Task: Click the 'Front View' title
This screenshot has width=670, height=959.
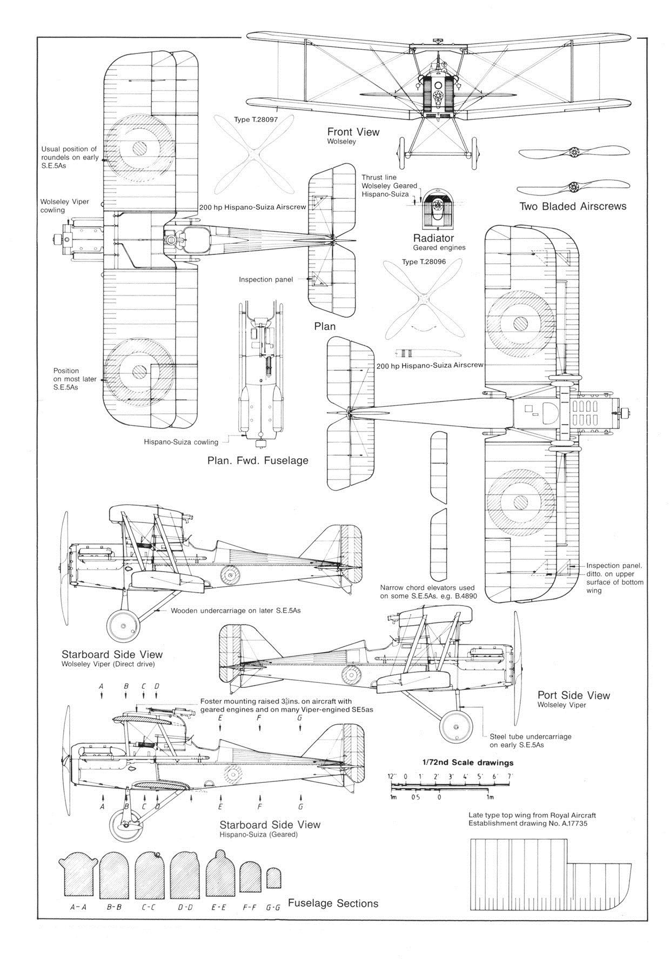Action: click(353, 132)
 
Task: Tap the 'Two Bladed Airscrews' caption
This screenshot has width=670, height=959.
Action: click(573, 206)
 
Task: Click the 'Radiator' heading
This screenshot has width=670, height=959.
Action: click(433, 238)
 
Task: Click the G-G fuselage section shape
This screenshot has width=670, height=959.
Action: click(273, 879)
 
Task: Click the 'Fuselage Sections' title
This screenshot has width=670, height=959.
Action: click(333, 903)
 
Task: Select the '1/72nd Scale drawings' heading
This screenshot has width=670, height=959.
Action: click(467, 763)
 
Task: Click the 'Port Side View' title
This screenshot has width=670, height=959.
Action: click(573, 695)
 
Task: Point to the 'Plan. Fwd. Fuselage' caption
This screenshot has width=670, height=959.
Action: click(258, 460)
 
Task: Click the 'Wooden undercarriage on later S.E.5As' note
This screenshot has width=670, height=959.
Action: click(236, 611)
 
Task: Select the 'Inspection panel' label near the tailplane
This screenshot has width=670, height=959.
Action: click(266, 279)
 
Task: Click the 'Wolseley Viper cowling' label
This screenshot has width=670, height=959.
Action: click(65, 206)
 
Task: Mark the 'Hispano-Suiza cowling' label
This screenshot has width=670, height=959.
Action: click(181, 442)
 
